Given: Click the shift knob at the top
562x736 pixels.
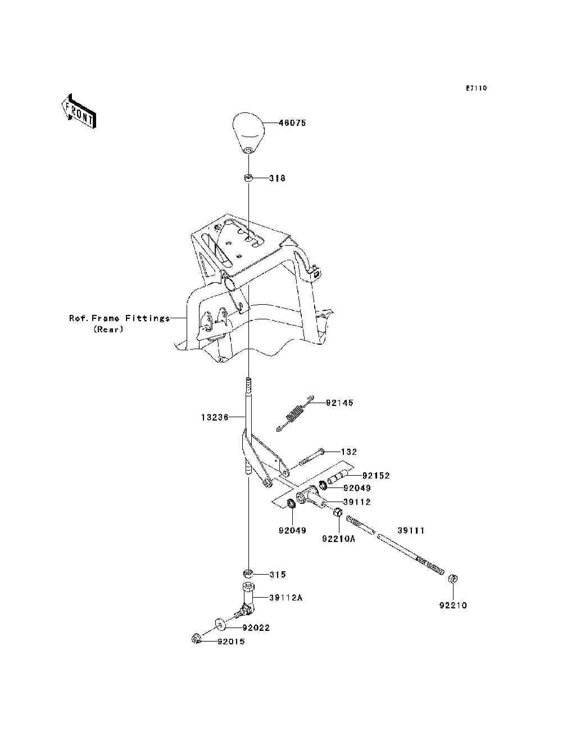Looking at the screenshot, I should [249, 133].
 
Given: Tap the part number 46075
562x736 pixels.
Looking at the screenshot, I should [292, 123].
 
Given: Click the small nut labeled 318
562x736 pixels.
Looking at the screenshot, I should [247, 178].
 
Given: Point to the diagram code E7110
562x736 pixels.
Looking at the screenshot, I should [475, 88].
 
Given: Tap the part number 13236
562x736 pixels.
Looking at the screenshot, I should [214, 417].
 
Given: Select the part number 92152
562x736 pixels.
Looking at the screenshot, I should [375, 476].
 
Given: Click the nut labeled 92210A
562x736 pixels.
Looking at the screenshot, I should [338, 512].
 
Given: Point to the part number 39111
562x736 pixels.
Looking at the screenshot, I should [411, 530].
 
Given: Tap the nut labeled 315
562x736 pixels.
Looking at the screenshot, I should [247, 574].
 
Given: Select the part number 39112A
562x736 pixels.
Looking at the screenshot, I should [285, 598].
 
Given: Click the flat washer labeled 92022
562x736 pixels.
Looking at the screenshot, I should [219, 624].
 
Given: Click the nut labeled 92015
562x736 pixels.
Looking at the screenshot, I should [196, 638].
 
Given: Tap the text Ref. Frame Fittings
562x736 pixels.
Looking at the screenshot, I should [119, 318].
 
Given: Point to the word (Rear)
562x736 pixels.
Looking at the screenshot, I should [108, 329].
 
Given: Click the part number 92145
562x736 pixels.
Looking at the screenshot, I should [339, 403].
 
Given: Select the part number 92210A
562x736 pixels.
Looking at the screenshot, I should [339, 539].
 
